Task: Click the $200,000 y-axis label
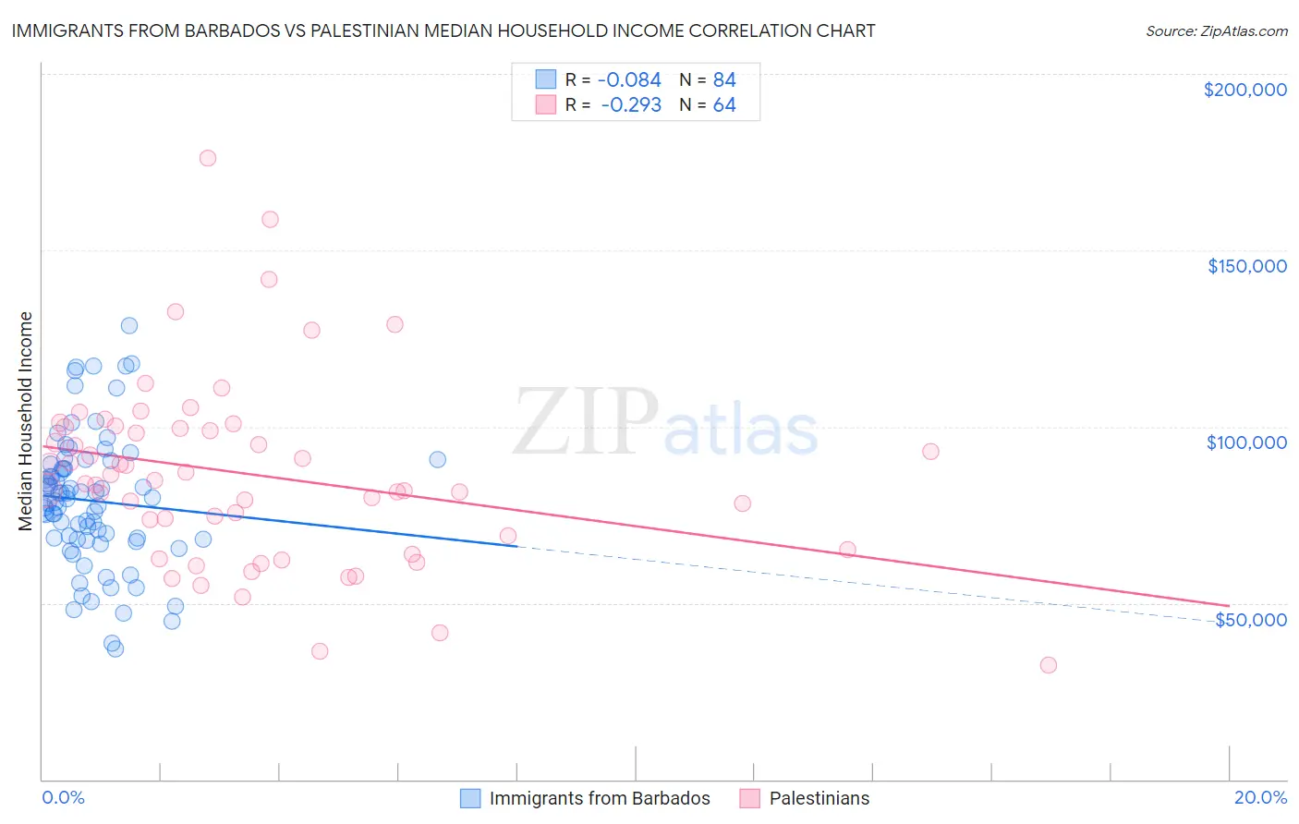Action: click(1244, 90)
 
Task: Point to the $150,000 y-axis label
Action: click(1246, 266)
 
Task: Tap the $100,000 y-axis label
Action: click(1246, 442)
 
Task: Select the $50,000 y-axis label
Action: click(1250, 619)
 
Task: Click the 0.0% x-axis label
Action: click(63, 797)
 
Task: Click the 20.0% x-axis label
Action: click(1260, 797)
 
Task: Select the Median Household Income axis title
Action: click(26, 421)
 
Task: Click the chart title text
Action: click(443, 30)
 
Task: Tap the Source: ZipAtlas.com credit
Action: click(1216, 30)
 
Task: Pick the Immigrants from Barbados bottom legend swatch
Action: click(470, 798)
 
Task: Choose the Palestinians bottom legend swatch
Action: click(749, 798)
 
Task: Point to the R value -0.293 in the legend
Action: click(631, 105)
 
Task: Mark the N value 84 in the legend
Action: click(724, 80)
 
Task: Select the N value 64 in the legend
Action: click(724, 105)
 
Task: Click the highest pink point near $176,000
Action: click(208, 158)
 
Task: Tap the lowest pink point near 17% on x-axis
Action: click(1048, 665)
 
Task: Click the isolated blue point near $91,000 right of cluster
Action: click(438, 459)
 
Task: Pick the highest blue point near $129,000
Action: click(129, 325)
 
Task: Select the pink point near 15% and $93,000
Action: click(930, 452)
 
